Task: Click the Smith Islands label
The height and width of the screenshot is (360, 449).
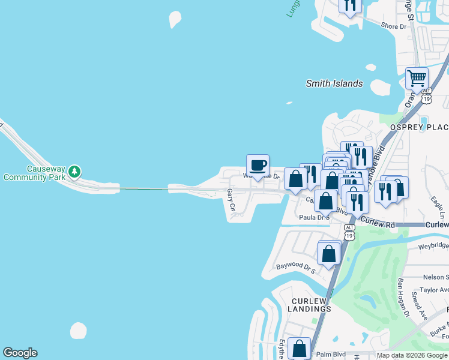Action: (334, 83)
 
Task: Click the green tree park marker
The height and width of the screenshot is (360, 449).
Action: (74, 172)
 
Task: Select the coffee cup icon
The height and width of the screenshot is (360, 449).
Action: (258, 165)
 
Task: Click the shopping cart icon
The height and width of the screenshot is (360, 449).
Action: (416, 78)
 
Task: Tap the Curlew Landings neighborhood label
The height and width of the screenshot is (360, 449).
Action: (311, 305)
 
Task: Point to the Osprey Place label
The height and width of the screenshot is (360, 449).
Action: (419, 127)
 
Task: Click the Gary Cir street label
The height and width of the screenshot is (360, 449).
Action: (231, 200)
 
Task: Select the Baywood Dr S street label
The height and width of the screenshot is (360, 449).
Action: (296, 265)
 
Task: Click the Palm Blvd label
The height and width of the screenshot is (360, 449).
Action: (331, 354)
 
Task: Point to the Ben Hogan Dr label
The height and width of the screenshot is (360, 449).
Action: (403, 297)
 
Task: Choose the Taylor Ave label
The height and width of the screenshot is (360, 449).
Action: (435, 289)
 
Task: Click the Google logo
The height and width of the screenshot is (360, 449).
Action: (20, 353)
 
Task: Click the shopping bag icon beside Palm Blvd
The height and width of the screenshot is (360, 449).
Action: (299, 349)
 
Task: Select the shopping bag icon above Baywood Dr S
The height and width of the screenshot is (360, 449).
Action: (329, 253)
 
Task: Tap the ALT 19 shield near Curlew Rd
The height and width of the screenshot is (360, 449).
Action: (349, 231)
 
